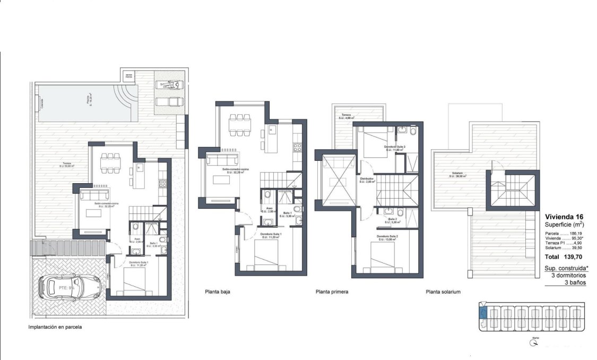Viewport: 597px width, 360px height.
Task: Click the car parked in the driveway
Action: pos(68,287)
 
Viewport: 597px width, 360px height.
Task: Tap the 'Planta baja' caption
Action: pos(217,292)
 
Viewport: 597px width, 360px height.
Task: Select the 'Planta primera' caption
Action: pos(332,292)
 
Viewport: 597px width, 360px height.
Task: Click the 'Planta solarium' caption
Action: pos(443,292)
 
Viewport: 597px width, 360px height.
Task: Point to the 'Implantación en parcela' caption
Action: pos(55,328)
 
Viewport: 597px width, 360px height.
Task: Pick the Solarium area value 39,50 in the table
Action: pos(585,247)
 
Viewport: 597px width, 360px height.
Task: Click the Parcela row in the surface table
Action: pos(567,233)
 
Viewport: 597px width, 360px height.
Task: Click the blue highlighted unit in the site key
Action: pos(482,312)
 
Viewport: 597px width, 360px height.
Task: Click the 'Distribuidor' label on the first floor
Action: pos(367,179)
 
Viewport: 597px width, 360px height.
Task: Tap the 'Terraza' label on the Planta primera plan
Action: pos(347,115)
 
